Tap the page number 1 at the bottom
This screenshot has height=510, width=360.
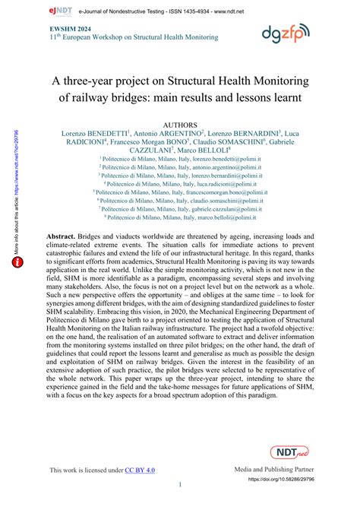pyautogui.click(x=180, y=485)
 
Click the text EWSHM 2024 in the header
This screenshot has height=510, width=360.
pyautogui.click(x=68, y=27)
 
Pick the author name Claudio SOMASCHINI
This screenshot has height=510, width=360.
pyautogui.click(x=230, y=141)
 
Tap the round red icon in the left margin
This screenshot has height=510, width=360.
pyautogui.click(x=17, y=240)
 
